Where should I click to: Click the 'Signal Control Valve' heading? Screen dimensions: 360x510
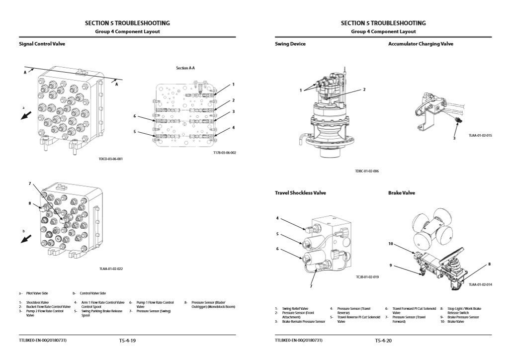coord(42,44)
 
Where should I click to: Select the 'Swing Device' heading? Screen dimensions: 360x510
coord(290,44)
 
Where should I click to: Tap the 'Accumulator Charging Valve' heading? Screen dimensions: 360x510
coord(421,44)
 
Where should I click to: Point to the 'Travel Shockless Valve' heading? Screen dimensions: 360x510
coord(300,193)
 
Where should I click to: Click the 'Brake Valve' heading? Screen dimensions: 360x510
coord(401,193)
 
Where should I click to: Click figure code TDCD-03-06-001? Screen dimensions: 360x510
coord(110,159)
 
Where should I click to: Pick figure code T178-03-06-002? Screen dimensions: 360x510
coord(224,153)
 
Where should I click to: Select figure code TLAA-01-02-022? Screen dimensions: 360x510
coord(110,269)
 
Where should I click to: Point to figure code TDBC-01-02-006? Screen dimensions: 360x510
coord(367,171)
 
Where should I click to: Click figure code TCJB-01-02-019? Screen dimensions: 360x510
coord(367,276)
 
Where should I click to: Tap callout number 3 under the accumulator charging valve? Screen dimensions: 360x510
coord(453,138)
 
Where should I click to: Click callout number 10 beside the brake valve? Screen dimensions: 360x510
coord(391,244)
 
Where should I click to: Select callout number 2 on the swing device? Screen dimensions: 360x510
coord(364,90)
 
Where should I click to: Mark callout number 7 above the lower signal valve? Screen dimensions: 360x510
coord(30,184)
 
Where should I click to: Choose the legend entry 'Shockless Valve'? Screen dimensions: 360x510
coord(37,302)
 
